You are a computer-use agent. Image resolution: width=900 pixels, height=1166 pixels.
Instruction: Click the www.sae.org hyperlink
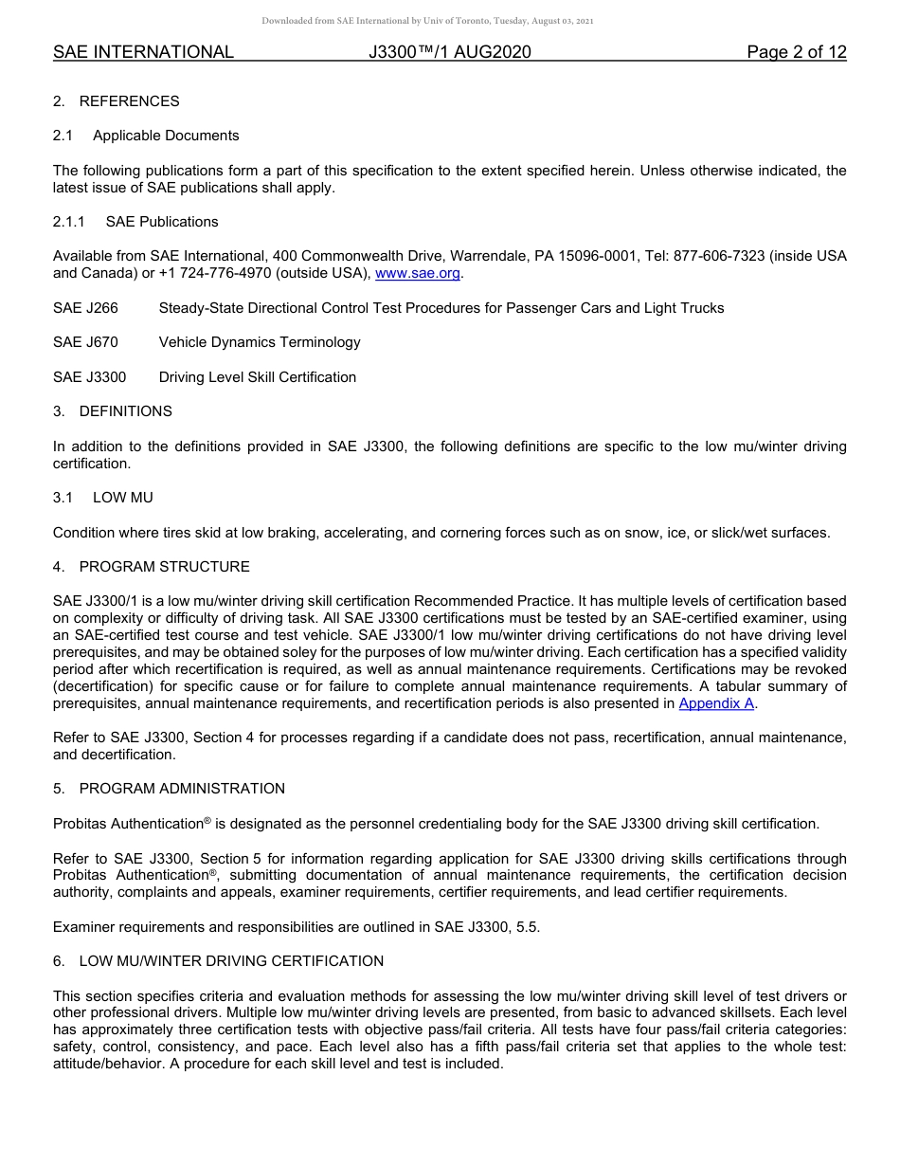pos(418,274)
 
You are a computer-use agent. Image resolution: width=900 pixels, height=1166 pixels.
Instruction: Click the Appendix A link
pos(716,703)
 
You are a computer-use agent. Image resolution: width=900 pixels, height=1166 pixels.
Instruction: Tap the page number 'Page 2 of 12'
pos(796,52)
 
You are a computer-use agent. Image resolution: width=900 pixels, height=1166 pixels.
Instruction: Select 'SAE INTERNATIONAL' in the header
pos(143,52)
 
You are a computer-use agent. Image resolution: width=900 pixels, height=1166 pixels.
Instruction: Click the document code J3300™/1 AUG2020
pos(449,52)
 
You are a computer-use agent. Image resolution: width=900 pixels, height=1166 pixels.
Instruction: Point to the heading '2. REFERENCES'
pos(116,101)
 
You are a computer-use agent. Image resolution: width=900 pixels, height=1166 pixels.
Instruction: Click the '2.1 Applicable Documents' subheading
pos(146,136)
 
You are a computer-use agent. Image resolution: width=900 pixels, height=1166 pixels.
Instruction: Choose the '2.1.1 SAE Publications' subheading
pos(135,222)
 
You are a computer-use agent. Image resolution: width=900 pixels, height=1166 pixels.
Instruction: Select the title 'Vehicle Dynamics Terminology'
pos(260,342)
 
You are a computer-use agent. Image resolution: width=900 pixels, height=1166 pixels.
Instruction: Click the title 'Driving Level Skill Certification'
pos(258,377)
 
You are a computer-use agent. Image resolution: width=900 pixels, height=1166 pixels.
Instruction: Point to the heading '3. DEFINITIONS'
pos(113,411)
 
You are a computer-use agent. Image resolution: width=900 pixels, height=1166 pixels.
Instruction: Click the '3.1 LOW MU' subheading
pos(103,498)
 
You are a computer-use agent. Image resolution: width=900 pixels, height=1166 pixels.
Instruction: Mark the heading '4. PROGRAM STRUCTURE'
pos(152,567)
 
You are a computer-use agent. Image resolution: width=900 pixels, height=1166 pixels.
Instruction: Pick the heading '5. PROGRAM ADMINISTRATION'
pos(169,789)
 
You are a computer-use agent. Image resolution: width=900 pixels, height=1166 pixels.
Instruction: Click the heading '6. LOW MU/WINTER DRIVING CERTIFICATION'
pos(218,961)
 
